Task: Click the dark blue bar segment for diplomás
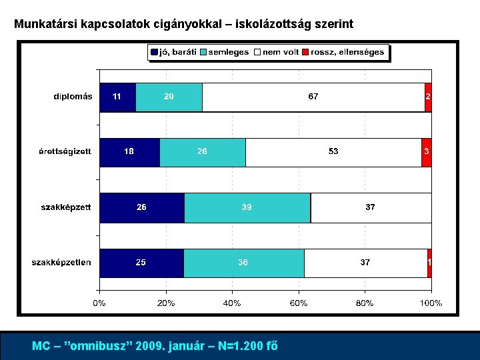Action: [x=117, y=97]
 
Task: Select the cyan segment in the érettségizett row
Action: [x=203, y=152]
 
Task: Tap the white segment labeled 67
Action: [x=313, y=97]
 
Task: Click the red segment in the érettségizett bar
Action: [x=426, y=152]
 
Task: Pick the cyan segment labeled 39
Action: [x=247, y=207]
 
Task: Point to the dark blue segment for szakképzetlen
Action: [x=141, y=263]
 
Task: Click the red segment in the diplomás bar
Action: [x=428, y=97]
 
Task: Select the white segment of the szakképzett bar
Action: [x=371, y=207]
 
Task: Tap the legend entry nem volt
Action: [x=277, y=52]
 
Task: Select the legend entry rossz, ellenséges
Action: [x=343, y=52]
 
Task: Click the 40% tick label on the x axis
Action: [x=232, y=303]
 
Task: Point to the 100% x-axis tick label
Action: [x=430, y=303]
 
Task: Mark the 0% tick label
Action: [x=99, y=303]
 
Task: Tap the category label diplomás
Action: [x=73, y=97]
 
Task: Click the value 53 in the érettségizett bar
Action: [x=333, y=152]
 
